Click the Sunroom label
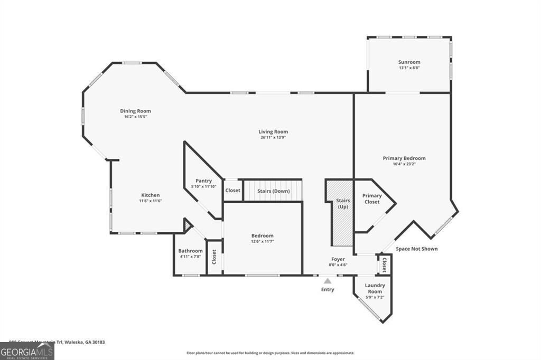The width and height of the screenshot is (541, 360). [409, 62]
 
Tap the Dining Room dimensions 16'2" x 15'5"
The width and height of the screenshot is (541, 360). [135, 117]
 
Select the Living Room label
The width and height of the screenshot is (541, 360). [273, 131]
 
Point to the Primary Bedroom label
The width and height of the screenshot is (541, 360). [404, 158]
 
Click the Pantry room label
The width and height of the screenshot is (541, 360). [203, 181]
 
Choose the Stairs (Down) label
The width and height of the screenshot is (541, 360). [273, 191]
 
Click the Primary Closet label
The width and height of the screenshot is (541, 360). [372, 198]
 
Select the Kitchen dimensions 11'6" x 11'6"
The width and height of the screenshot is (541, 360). [150, 201]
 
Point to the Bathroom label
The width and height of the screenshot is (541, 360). [190, 251]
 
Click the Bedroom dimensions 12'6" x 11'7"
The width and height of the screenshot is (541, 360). [262, 241]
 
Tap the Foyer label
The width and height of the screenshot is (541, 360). [338, 259]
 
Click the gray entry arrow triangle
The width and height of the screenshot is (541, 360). [328, 281]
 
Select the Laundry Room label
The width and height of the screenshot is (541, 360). [375, 288]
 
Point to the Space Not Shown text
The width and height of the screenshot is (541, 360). [417, 249]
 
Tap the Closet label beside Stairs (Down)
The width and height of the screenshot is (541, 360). [232, 191]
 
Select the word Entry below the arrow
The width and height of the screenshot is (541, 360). [328, 289]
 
